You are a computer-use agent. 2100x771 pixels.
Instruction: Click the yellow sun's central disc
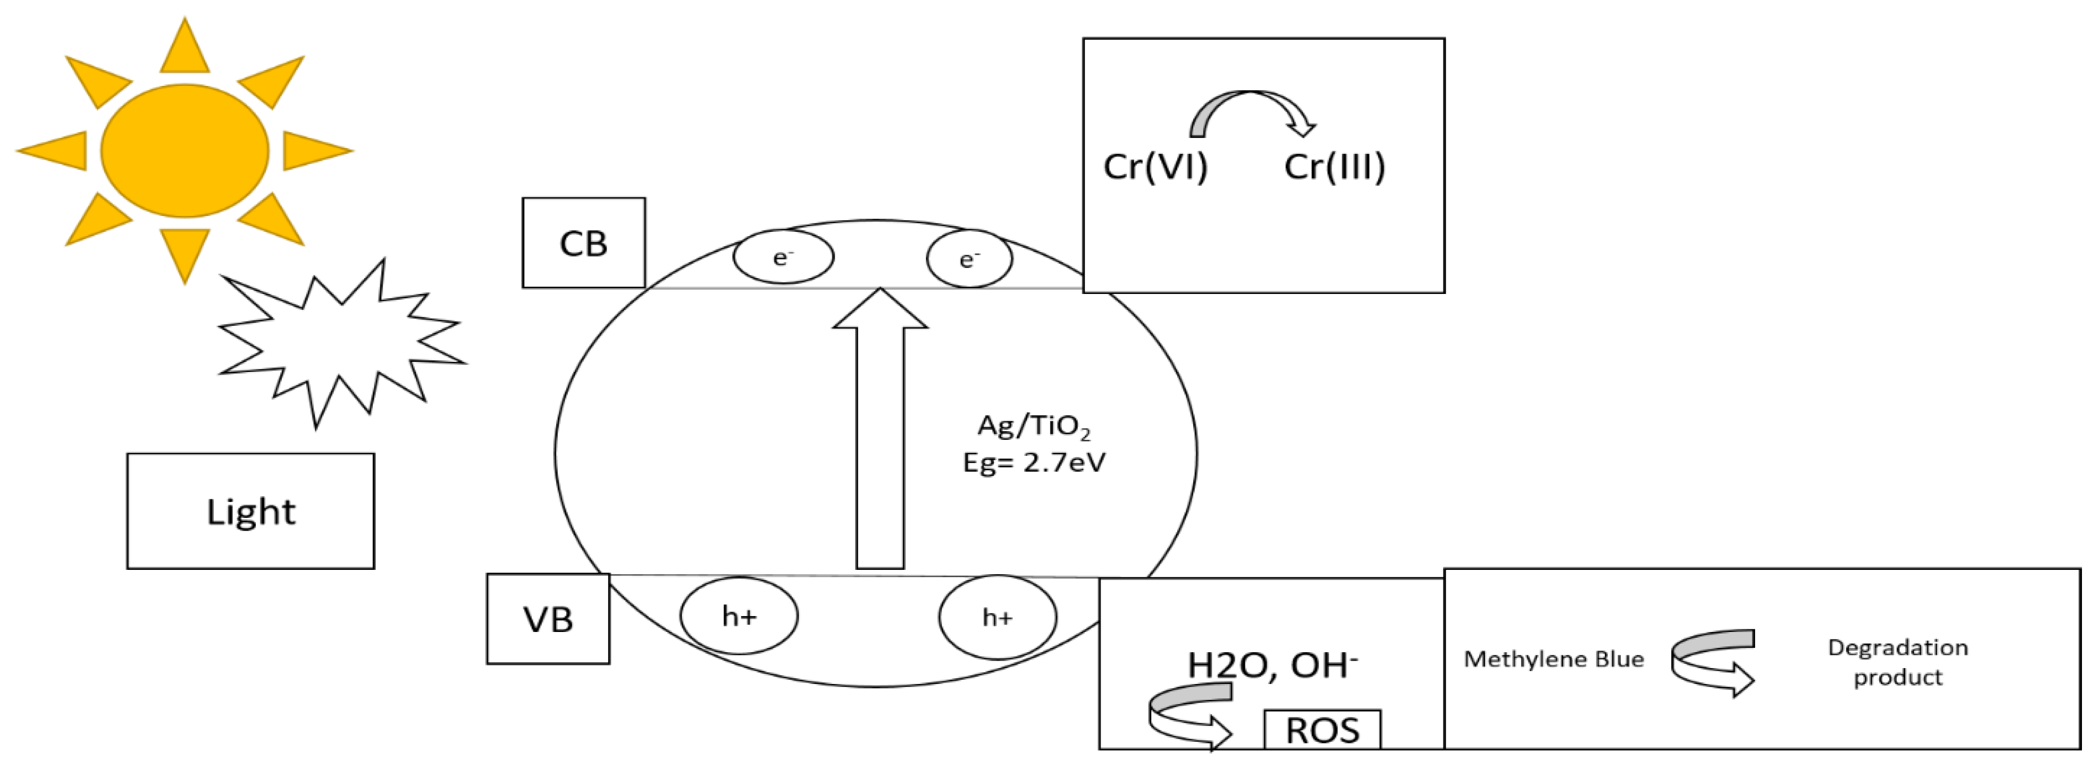pyautogui.click(x=185, y=151)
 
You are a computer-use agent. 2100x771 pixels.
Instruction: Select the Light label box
pyautogui.click(x=250, y=511)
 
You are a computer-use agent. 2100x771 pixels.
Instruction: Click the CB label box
pyautogui.click(x=584, y=243)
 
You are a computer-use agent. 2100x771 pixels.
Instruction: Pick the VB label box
pyautogui.click(x=548, y=619)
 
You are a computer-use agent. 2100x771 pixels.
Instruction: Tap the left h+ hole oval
pyautogui.click(x=739, y=616)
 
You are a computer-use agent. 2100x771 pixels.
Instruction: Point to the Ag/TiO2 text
pyautogui.click(x=1033, y=426)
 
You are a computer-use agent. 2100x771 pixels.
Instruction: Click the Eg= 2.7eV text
pyautogui.click(x=1034, y=463)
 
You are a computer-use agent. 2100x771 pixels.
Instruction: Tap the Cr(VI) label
pyautogui.click(x=1155, y=166)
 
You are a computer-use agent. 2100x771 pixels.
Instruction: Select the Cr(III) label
pyautogui.click(x=1334, y=166)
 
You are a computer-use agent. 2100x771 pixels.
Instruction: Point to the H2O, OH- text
pyautogui.click(x=1272, y=665)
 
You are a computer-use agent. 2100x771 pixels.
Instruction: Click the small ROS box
pyautogui.click(x=1322, y=730)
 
